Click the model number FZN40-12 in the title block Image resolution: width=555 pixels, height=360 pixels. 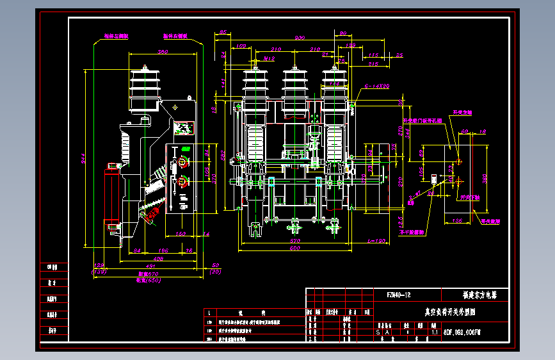398,295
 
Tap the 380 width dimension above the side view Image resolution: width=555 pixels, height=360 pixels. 163,52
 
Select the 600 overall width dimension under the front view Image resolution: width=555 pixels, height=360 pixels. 294,248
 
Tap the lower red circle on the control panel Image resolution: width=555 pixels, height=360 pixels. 184,180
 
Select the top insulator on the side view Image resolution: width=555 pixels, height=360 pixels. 146,83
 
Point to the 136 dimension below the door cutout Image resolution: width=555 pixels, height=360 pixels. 457,220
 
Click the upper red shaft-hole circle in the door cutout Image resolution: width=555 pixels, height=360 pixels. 458,161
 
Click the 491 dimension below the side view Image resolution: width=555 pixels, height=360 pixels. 151,265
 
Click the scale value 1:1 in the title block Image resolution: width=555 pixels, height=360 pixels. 435,332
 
